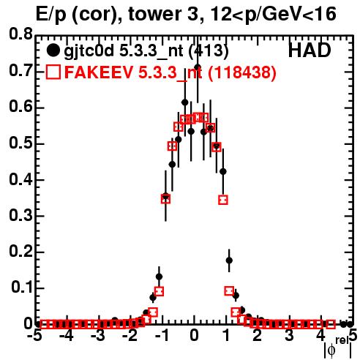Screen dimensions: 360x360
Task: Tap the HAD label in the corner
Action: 310,50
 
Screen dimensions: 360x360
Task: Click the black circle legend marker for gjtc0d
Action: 53,50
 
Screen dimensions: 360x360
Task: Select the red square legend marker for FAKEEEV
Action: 53,72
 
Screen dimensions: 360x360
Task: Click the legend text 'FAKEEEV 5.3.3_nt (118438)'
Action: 170,72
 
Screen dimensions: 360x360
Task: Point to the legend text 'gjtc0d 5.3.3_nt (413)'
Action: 146,51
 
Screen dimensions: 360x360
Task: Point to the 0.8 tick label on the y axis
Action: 20,34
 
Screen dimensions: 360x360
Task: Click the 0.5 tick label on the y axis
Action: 20,143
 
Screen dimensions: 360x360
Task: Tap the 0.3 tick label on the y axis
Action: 20,216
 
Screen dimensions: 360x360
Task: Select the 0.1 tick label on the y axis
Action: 22,288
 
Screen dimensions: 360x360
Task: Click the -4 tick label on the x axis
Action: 67,336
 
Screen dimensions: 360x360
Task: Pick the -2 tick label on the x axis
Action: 130,336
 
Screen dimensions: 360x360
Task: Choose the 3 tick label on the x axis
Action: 289,336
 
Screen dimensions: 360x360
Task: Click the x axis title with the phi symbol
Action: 337,348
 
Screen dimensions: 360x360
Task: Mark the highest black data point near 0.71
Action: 198,67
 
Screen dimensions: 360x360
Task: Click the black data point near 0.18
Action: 229,260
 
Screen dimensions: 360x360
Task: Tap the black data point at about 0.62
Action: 185,102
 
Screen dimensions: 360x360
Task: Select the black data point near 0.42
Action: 223,172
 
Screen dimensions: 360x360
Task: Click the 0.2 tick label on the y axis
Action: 20,252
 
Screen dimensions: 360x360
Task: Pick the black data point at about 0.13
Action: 160,277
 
